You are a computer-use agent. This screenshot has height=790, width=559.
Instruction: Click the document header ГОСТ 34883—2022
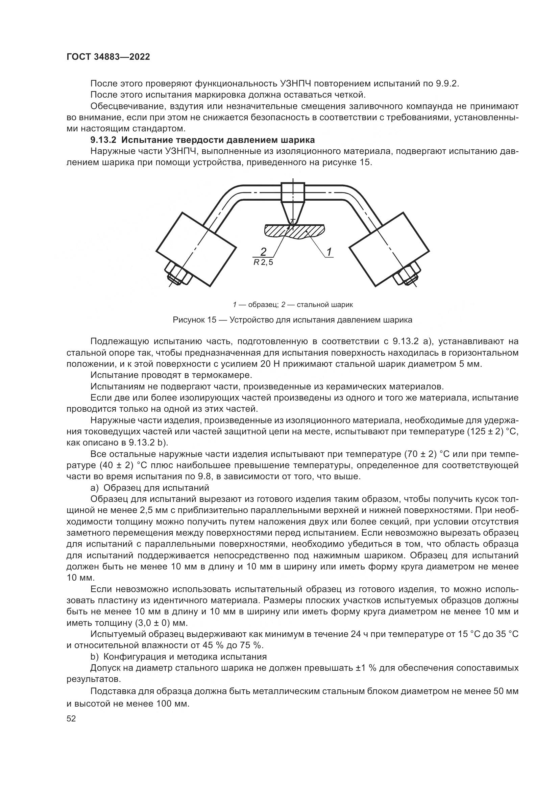108,57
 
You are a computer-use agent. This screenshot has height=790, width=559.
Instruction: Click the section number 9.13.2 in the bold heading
104,141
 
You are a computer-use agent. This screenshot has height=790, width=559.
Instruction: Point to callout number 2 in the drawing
263,251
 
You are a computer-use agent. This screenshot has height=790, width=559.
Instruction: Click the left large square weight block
196,249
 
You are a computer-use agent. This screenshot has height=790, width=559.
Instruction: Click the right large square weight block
389,249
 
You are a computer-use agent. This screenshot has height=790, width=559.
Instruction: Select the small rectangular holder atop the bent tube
293,192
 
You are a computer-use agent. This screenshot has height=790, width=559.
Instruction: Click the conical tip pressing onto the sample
293,213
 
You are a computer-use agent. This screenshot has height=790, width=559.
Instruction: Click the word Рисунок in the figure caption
189,320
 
